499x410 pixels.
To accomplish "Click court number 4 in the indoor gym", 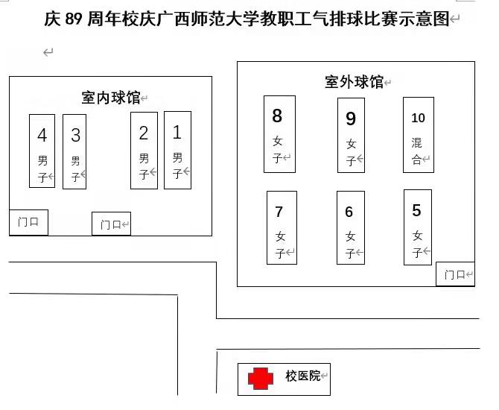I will click(x=42, y=151).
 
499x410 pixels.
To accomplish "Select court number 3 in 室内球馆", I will click(x=74, y=151).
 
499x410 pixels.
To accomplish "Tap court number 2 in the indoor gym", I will click(x=144, y=150).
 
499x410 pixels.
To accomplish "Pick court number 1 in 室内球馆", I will click(x=177, y=150).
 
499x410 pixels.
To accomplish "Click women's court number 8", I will click(x=279, y=133).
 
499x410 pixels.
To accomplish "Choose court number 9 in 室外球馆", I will click(x=351, y=135).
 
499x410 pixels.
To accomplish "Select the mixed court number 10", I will click(x=418, y=133).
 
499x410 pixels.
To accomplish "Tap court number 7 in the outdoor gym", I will click(x=282, y=227).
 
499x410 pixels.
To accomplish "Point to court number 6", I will click(x=350, y=227).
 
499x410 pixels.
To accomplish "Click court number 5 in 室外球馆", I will click(x=417, y=227).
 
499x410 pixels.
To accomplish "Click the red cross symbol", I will click(x=260, y=379).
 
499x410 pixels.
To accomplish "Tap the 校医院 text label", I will click(x=302, y=376).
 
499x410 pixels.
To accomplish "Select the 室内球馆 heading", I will click(x=111, y=98).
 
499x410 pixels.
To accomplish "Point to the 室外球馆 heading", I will click(x=355, y=82).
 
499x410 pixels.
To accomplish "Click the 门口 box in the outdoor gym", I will click(x=455, y=274).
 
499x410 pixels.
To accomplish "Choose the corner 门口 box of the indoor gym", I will click(x=28, y=221).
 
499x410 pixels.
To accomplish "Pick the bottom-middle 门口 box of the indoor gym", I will click(x=111, y=224).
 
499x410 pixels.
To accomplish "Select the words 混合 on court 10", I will click(x=417, y=151).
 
